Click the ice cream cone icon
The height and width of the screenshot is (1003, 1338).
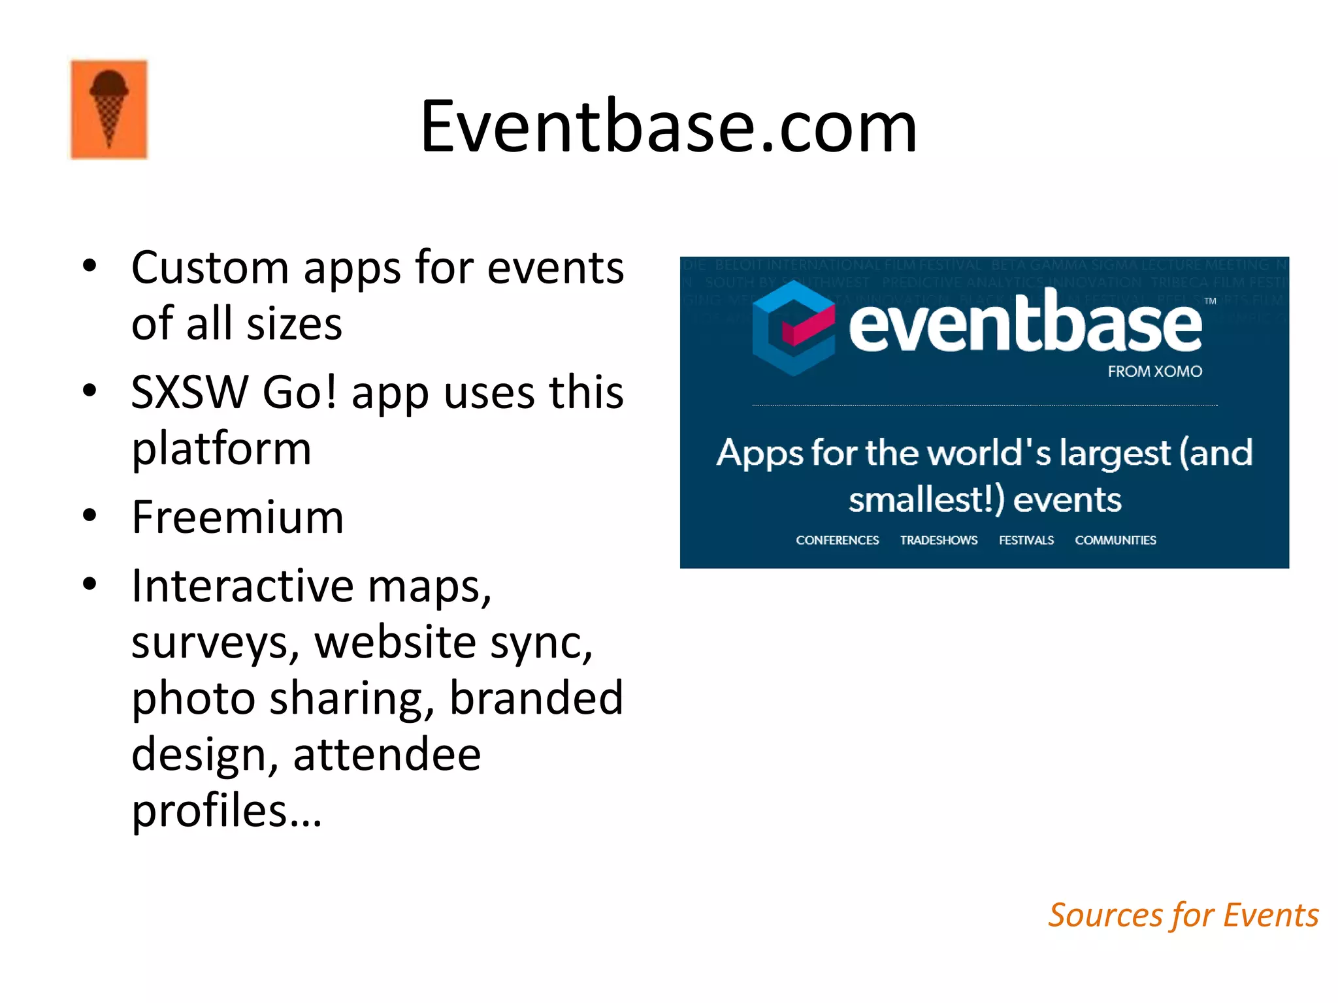pyautogui.click(x=109, y=109)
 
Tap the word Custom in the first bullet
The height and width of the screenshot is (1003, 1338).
pyautogui.click(x=210, y=268)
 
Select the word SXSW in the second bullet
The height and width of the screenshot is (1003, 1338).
pyautogui.click(x=189, y=393)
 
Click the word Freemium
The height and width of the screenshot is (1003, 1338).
pyautogui.click(x=237, y=517)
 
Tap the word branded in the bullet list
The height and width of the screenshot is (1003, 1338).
pyautogui.click(x=536, y=699)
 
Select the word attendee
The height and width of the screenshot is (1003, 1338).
pyautogui.click(x=387, y=755)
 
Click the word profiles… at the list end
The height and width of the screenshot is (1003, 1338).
pyautogui.click(x=227, y=811)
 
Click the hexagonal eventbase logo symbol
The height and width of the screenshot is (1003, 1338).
pyautogui.click(x=793, y=328)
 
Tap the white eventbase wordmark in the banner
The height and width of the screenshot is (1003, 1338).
pyautogui.click(x=1025, y=324)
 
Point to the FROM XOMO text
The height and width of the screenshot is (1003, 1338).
pyautogui.click(x=1154, y=372)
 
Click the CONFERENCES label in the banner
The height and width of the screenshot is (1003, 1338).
pyautogui.click(x=837, y=541)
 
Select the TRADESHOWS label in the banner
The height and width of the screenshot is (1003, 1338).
pyautogui.click(x=938, y=541)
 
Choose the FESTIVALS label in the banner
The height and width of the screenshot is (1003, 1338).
pyautogui.click(x=1026, y=541)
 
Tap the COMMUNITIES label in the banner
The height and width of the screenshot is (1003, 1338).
pyautogui.click(x=1115, y=541)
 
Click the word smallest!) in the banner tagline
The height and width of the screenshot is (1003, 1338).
pyautogui.click(x=926, y=500)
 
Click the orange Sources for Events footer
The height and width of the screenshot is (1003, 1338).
pyautogui.click(x=1183, y=915)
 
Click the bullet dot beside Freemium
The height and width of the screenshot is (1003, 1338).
pyautogui.click(x=90, y=516)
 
